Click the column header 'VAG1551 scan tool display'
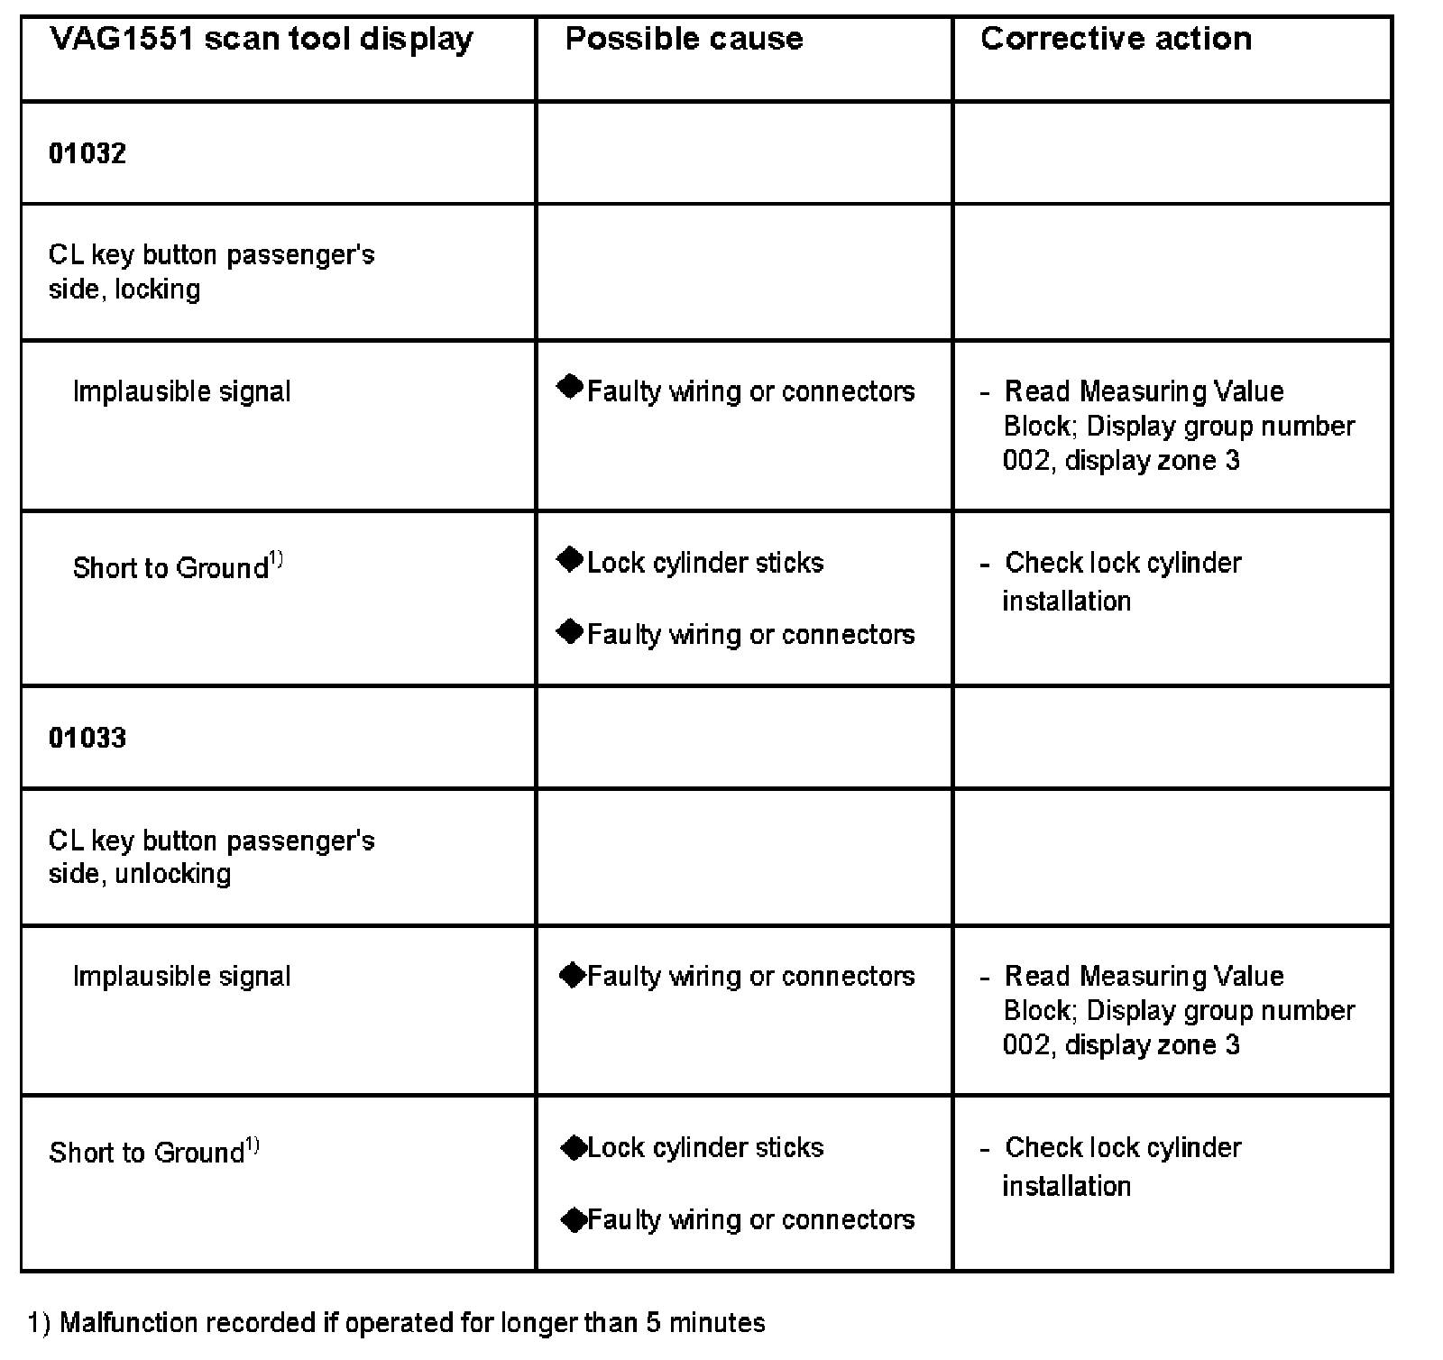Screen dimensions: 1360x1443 (x=261, y=40)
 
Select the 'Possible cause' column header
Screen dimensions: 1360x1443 (x=684, y=39)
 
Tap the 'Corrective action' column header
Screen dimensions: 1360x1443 (x=1116, y=39)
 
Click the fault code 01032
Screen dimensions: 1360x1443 (x=87, y=153)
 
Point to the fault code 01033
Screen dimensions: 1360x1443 (x=87, y=738)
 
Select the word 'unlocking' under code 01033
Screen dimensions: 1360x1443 (x=172, y=874)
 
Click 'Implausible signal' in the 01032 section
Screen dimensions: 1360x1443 (x=181, y=391)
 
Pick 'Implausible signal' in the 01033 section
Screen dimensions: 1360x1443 (x=181, y=976)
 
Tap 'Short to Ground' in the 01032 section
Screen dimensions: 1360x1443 (x=170, y=568)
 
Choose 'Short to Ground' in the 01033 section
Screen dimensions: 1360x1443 (x=146, y=1153)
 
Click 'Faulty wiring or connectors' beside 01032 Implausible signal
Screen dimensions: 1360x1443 (x=750, y=391)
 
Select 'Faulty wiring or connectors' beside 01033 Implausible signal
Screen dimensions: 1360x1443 (x=750, y=976)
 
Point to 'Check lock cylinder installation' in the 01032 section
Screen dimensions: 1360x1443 (x=1122, y=582)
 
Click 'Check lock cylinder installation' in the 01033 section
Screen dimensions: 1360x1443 (x=1122, y=1166)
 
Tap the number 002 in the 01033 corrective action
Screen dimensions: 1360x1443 (x=1026, y=1045)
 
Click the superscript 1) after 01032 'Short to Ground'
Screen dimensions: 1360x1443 (x=276, y=560)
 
